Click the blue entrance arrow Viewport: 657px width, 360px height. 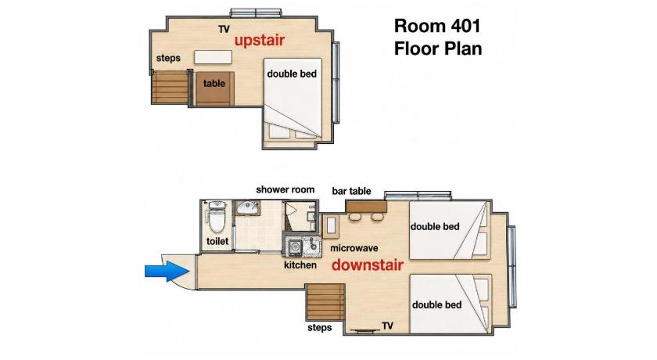(167, 271)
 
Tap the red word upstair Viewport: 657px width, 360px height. (260, 40)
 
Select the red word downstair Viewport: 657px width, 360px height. (368, 265)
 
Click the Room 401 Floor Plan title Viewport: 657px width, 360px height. (437, 38)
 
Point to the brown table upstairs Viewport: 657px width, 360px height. (214, 88)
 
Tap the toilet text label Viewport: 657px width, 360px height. (217, 241)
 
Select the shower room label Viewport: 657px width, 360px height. (285, 189)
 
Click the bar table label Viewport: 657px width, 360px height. (351, 191)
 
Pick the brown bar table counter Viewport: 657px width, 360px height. (367, 206)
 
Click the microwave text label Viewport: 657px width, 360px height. (354, 248)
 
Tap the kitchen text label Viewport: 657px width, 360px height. (300, 265)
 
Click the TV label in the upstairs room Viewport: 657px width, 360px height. (224, 29)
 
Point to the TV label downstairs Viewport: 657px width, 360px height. (388, 326)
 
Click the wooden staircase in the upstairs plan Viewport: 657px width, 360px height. (171, 87)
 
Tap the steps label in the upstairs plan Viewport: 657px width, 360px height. (168, 58)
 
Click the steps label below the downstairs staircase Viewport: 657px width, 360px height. (319, 328)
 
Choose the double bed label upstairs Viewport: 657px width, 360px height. (292, 74)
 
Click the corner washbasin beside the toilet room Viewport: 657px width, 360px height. (247, 207)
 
